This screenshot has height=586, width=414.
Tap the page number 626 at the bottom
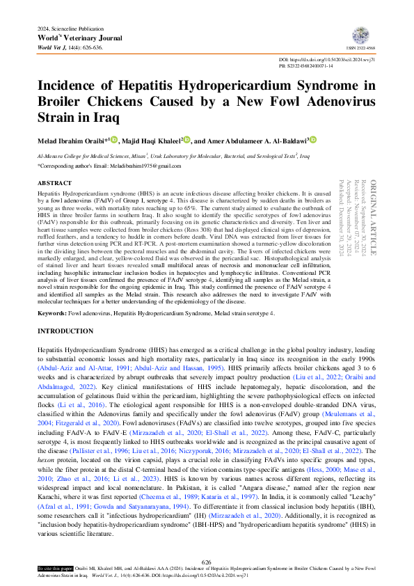206,562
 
